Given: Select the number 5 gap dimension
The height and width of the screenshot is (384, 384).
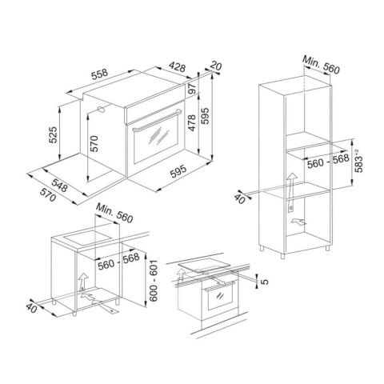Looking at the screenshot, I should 267,279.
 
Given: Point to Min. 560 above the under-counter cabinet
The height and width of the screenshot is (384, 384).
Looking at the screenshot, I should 112,212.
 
